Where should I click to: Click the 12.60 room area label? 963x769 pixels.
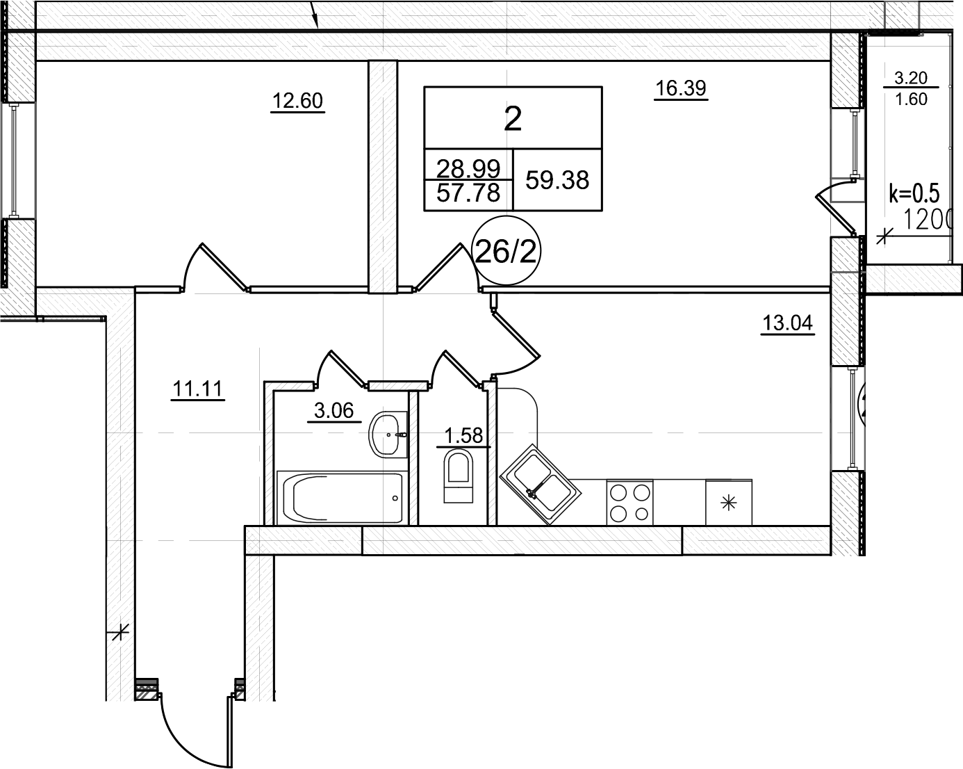click(x=297, y=102)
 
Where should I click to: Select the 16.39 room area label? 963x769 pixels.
click(x=681, y=88)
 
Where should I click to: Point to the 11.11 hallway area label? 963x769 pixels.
click(x=197, y=389)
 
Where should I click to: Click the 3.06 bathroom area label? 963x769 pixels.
click(x=334, y=411)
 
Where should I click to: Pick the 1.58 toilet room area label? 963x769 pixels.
click(x=463, y=436)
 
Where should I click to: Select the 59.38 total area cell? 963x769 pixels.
click(x=557, y=180)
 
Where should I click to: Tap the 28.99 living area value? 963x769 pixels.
click(x=468, y=168)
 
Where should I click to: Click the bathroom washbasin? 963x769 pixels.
click(x=388, y=435)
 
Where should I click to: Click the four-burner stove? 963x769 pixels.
click(x=630, y=503)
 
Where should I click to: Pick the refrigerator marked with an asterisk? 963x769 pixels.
click(x=729, y=503)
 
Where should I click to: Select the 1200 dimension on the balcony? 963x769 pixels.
click(x=927, y=220)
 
